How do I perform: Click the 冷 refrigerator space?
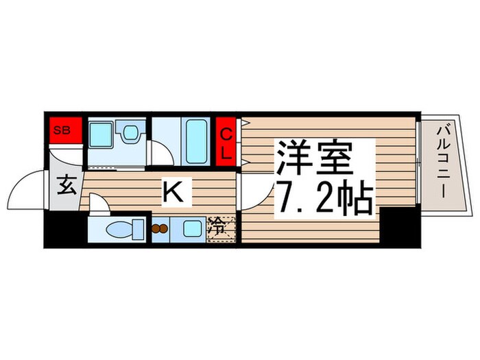[221, 226]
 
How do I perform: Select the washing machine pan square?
[102, 139]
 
